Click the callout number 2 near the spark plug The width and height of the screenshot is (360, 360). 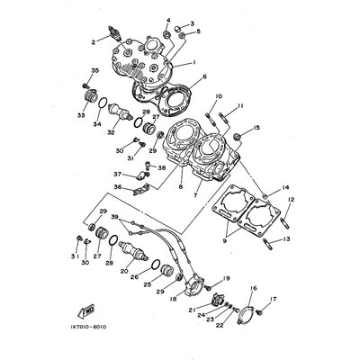point(93,40)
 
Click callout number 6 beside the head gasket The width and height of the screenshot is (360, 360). point(205,76)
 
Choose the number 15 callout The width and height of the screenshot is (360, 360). point(257,129)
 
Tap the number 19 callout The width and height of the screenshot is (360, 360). point(227,279)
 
